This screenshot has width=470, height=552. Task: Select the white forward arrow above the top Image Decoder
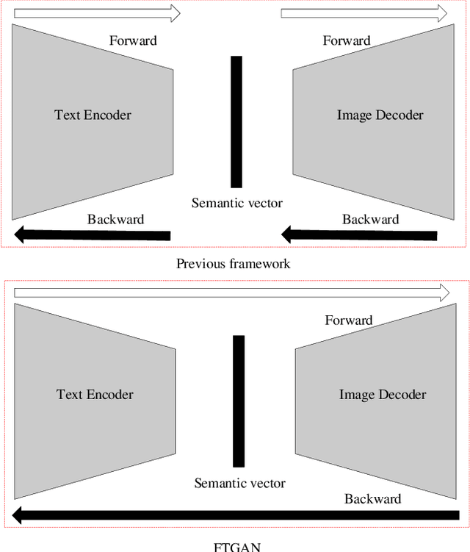(x=364, y=12)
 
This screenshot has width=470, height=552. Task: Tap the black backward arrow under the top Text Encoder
(x=93, y=235)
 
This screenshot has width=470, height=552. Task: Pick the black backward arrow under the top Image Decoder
(x=360, y=235)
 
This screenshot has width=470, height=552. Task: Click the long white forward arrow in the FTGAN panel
(x=231, y=293)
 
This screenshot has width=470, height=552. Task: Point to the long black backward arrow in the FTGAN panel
(x=231, y=514)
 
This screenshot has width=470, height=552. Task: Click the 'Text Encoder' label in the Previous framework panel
(x=93, y=115)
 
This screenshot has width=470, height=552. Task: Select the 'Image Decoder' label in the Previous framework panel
(x=380, y=115)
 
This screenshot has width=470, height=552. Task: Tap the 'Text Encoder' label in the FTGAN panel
(x=95, y=395)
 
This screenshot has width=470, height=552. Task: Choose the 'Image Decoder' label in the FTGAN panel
(x=382, y=395)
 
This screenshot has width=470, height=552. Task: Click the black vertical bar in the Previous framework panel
(x=236, y=121)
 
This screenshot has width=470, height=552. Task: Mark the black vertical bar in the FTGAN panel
(x=238, y=401)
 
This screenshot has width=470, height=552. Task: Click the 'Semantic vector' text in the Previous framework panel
(x=236, y=203)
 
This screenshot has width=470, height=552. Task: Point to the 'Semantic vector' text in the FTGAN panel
(x=239, y=483)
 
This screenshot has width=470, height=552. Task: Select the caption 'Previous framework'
(x=233, y=264)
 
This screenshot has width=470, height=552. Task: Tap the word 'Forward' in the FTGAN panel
(x=349, y=320)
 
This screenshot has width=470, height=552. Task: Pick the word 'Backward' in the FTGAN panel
(x=372, y=499)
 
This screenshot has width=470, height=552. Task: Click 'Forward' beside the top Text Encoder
(x=133, y=40)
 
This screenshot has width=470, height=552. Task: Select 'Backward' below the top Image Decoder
(x=370, y=219)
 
